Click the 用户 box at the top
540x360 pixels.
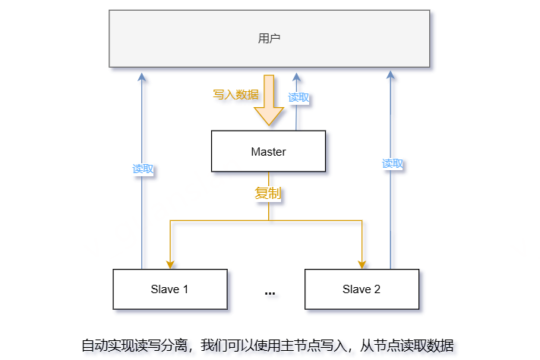(269, 38)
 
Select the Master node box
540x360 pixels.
(268, 151)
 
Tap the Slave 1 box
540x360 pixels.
(169, 289)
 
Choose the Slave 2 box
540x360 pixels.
(361, 289)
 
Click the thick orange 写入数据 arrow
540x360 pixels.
(268, 103)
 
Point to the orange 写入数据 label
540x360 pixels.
(235, 95)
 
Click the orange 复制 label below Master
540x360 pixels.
(268, 194)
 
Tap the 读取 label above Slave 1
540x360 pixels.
(143, 169)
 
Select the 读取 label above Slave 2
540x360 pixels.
(392, 163)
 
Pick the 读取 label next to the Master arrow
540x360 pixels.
(298, 97)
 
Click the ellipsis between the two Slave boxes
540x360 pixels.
(270, 292)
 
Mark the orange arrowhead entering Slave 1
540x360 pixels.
(169, 263)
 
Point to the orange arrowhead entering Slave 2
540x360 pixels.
(362, 263)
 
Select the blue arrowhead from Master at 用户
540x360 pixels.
(296, 77)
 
